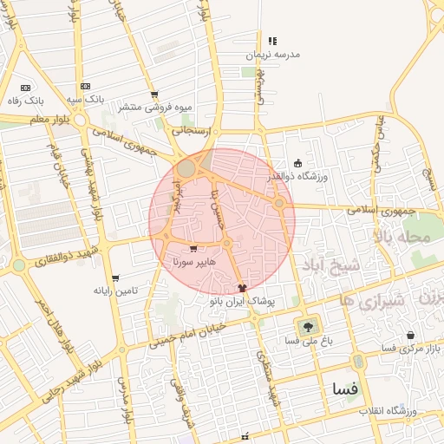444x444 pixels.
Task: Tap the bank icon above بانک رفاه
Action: [x=24, y=87]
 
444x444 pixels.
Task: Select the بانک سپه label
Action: [x=85, y=100]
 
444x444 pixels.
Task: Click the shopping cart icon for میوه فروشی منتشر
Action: [x=154, y=95]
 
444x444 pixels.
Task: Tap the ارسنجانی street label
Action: [x=192, y=130]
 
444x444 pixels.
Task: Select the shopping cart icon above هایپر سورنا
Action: [x=193, y=250]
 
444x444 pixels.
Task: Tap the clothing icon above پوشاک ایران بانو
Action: [x=242, y=287]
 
